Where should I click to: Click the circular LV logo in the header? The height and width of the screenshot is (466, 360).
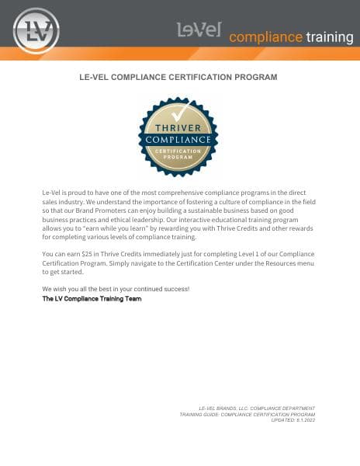click(x=36, y=30)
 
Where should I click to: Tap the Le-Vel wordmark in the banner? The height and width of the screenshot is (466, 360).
click(x=199, y=30)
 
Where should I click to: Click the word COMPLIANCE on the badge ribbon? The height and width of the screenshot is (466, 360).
click(x=178, y=140)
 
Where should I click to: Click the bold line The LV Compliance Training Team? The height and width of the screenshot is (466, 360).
click(x=92, y=298)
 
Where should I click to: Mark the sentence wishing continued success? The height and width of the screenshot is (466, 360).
click(x=116, y=290)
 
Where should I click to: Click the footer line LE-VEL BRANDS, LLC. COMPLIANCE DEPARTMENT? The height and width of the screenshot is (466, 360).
click(x=257, y=409)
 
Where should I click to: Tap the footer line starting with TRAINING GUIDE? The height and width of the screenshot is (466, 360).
click(x=247, y=415)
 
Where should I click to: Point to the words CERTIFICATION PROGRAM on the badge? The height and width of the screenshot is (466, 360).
click(x=178, y=153)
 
